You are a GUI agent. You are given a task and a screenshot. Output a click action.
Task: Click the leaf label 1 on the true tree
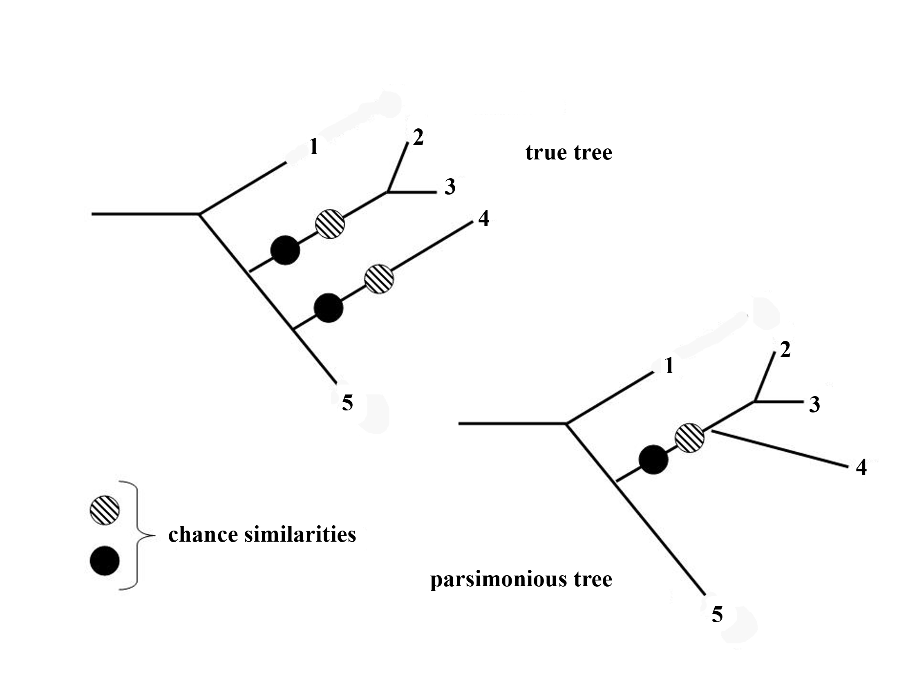point(314,147)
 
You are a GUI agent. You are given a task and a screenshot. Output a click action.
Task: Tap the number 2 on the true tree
point(418,137)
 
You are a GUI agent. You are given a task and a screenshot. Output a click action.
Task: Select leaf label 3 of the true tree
point(450,187)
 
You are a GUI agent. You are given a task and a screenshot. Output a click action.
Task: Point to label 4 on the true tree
point(483,218)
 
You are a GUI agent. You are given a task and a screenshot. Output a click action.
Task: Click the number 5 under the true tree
point(347,403)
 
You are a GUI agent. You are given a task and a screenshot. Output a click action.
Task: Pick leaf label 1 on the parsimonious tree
point(669,366)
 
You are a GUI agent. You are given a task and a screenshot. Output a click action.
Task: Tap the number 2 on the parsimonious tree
point(785,350)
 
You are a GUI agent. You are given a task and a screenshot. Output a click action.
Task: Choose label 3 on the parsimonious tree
point(814,405)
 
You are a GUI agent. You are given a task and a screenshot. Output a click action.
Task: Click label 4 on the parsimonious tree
point(861,467)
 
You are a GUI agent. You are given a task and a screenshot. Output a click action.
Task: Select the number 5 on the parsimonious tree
point(717,614)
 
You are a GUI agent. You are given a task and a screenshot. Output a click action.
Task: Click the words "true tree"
point(569,152)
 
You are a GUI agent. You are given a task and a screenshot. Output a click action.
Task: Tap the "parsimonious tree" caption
point(521,579)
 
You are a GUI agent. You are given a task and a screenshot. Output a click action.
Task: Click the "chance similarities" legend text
point(262,534)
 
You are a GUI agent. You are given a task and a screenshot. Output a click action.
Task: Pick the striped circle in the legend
point(105,510)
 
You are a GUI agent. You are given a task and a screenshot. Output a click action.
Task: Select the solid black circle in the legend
point(105,561)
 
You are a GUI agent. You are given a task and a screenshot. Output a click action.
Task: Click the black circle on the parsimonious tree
point(653,459)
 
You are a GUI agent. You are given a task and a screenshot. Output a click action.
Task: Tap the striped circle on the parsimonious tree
point(690,438)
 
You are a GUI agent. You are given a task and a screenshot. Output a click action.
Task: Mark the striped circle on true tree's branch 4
point(379,279)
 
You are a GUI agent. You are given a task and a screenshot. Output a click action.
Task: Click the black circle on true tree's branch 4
point(329,308)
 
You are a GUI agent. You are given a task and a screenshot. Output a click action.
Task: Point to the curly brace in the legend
point(137,535)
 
